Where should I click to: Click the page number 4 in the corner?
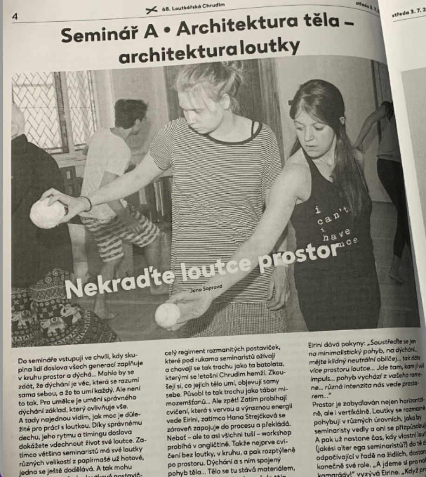tap(16, 17)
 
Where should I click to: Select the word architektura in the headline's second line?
tap(164, 56)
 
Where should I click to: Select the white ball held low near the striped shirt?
tap(168, 315)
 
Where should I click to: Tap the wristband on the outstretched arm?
tap(87, 203)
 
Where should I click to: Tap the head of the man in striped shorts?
tap(130, 114)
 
